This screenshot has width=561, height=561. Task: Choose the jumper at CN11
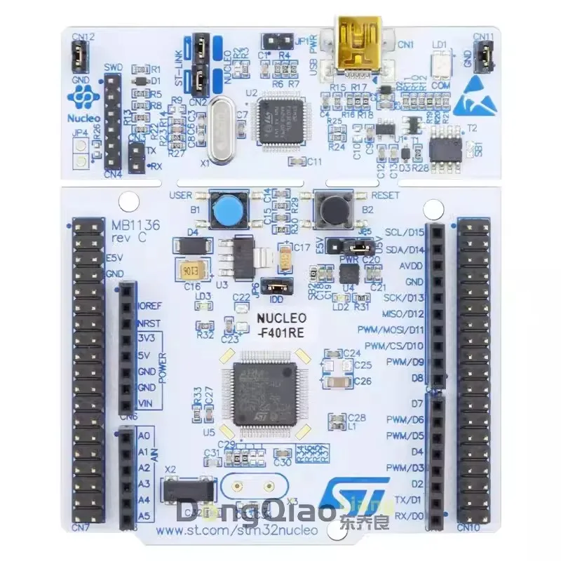(483, 54)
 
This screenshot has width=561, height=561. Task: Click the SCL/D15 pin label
(406, 232)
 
